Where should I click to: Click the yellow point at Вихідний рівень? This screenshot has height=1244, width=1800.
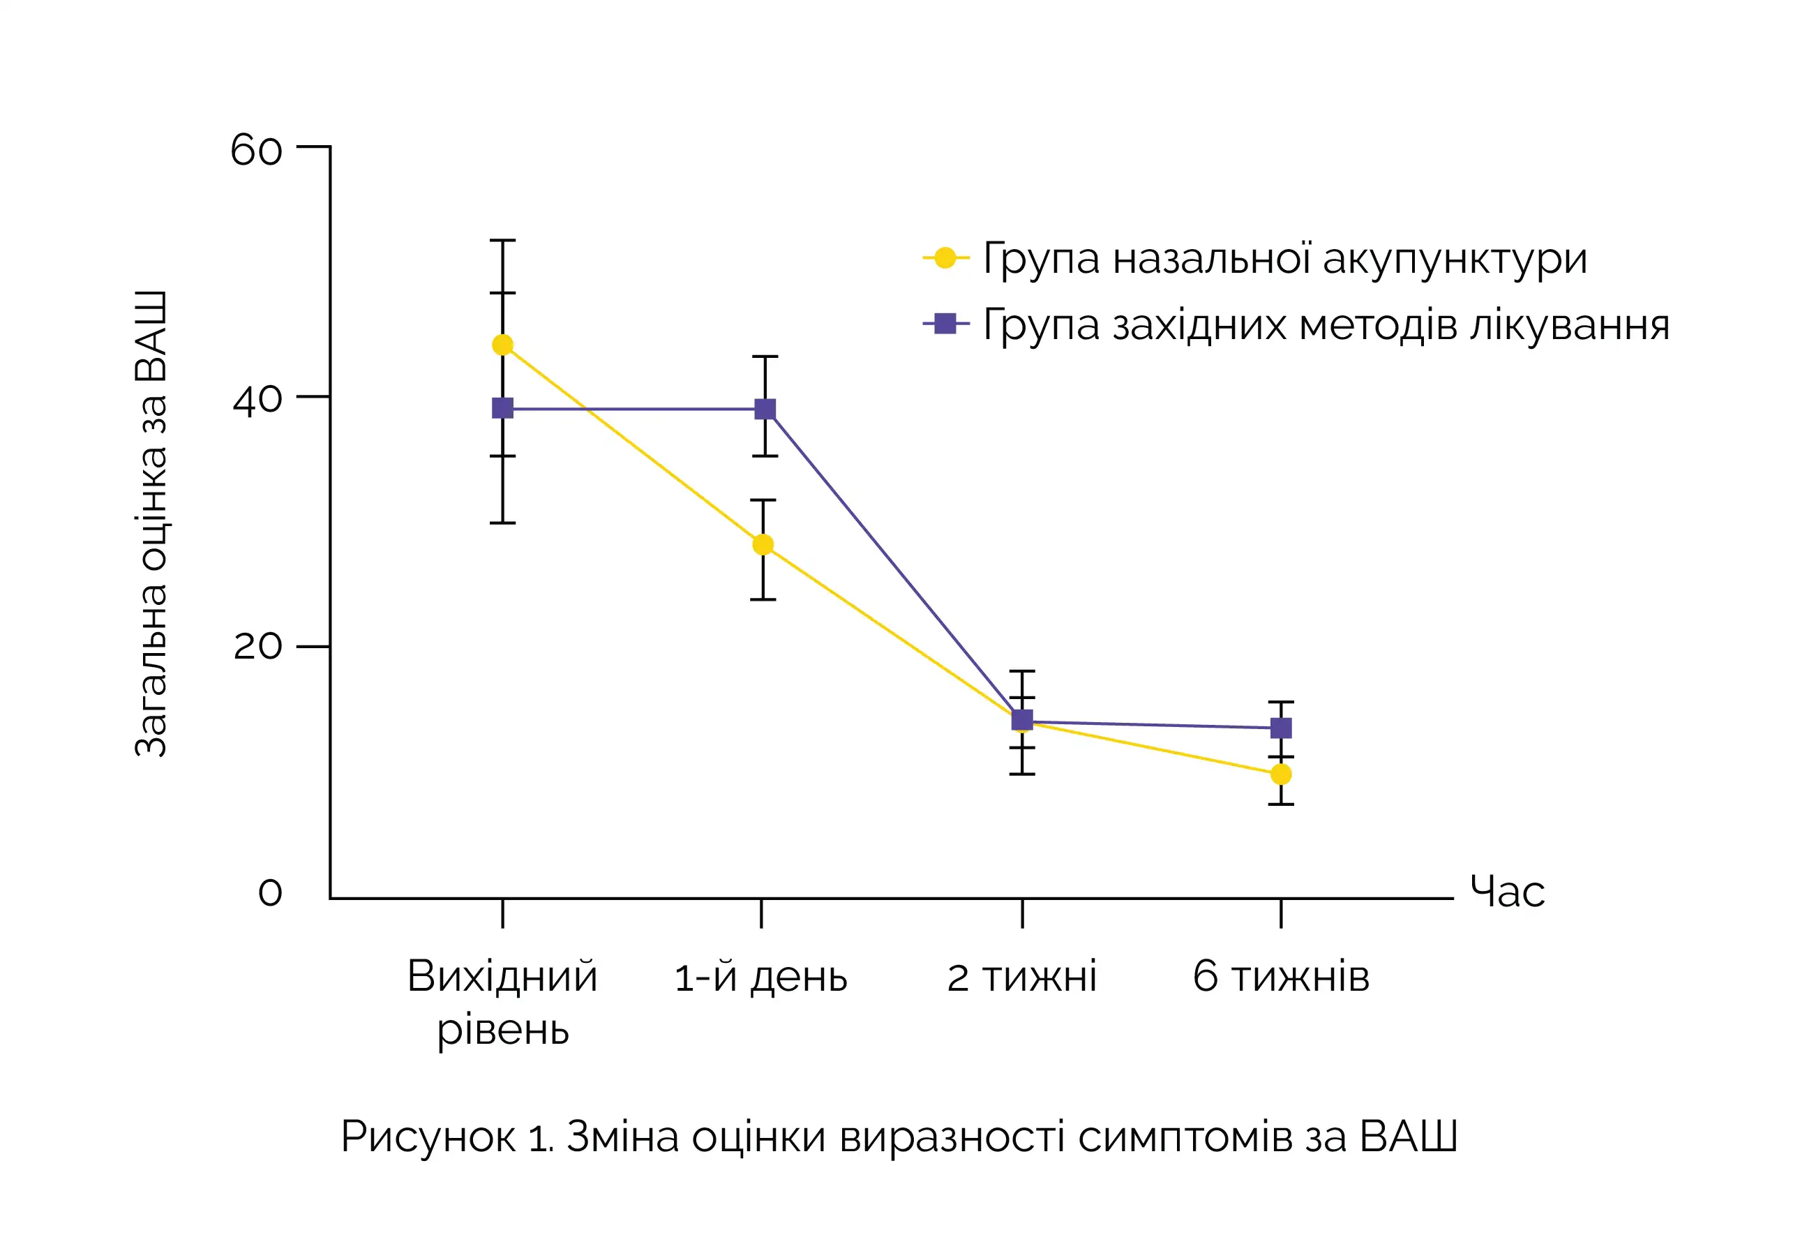(x=502, y=345)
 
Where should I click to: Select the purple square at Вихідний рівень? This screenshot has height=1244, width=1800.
(x=502, y=407)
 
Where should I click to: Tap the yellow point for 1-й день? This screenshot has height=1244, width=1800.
(x=763, y=544)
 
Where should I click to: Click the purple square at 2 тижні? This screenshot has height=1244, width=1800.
(x=1021, y=719)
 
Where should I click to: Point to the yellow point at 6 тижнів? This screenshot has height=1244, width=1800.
(x=1280, y=774)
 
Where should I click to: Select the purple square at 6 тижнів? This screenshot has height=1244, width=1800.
(x=1281, y=728)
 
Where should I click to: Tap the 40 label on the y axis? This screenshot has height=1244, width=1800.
(x=257, y=400)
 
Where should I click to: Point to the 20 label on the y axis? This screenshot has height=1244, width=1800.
(x=257, y=646)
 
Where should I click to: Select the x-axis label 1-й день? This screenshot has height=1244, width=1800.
(x=760, y=977)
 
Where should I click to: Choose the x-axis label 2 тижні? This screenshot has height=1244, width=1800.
(x=1021, y=977)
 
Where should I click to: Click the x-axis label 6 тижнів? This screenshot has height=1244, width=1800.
(x=1280, y=977)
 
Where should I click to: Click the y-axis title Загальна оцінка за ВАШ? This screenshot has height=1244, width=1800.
(x=151, y=524)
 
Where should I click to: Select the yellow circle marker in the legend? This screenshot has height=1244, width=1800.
(x=945, y=257)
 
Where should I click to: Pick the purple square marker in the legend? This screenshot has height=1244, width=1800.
(x=945, y=323)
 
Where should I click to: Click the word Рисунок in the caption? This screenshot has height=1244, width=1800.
(x=428, y=1137)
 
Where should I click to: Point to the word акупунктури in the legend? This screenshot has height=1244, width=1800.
(x=1454, y=259)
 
